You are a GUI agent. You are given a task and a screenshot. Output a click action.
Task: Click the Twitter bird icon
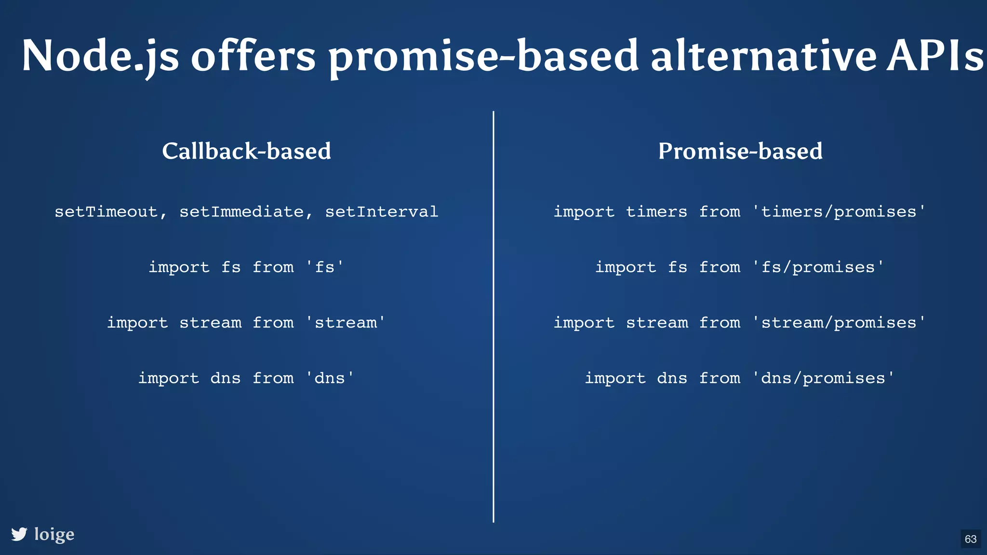point(19,534)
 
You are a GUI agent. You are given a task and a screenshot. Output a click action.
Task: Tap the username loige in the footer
point(54,534)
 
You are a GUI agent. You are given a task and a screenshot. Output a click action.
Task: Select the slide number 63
point(971,539)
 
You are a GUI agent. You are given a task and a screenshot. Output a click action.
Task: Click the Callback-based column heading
point(246,151)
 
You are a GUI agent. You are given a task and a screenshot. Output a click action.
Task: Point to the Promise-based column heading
point(740,151)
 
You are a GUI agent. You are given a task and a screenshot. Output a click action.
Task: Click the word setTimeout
point(106,212)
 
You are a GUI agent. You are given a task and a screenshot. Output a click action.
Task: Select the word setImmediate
point(241,212)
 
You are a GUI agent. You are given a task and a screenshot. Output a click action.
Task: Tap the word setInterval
point(382,212)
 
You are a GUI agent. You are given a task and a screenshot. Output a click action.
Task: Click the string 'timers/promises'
point(839,212)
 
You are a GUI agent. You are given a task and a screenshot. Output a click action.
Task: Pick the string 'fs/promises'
point(818,267)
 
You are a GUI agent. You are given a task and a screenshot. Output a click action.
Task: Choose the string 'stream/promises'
point(839,323)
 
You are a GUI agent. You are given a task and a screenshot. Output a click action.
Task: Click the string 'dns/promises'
point(823,378)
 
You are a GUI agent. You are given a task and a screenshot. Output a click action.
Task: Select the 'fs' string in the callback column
point(325,267)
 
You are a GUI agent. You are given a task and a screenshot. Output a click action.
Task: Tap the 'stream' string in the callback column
point(346,323)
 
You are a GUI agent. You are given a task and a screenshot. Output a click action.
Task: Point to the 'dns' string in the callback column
point(330,378)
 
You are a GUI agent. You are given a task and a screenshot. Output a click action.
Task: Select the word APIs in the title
point(935,57)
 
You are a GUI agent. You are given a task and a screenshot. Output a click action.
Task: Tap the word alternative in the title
point(763,57)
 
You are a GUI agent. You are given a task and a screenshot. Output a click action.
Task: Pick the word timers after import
point(656,212)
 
